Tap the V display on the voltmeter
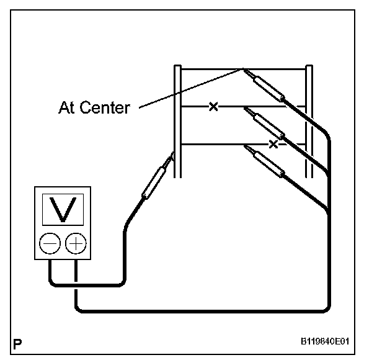tap(63, 210)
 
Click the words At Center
tap(94, 107)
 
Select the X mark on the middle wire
tap(213, 107)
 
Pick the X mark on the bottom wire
tap(273, 144)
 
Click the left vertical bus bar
tap(177, 121)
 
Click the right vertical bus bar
tap(309, 121)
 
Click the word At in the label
tap(66, 107)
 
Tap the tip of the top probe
tap(244, 70)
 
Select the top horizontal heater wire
tap(211, 69)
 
